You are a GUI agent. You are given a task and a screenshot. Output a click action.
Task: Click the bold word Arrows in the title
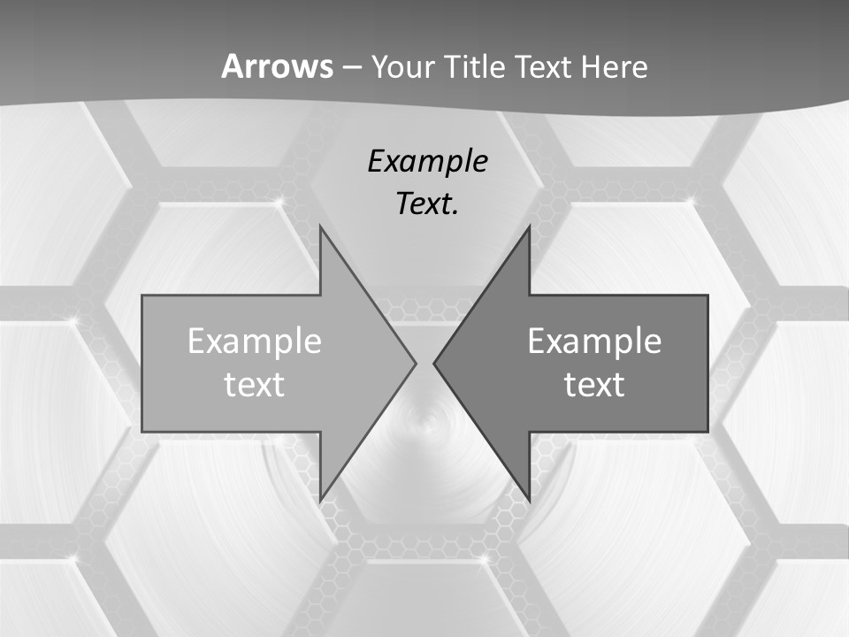pos(277,66)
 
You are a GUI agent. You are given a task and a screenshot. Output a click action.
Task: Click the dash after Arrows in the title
pos(351,67)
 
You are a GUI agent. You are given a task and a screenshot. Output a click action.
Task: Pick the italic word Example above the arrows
pos(427,161)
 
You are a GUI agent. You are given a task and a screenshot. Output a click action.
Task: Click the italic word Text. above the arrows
pos(427,203)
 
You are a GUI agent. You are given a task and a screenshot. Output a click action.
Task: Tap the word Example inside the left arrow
pos(255,342)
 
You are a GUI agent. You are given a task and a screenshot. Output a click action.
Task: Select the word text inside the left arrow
pos(255,384)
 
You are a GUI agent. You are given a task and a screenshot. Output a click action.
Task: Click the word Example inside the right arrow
pos(594,342)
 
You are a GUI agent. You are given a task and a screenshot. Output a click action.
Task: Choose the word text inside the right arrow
pos(594,384)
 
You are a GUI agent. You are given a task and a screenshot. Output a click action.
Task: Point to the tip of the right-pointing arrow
pos(416,363)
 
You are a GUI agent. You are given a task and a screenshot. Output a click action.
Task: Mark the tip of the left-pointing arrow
pos(434,363)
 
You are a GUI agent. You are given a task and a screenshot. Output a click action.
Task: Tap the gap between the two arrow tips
pos(424,363)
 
